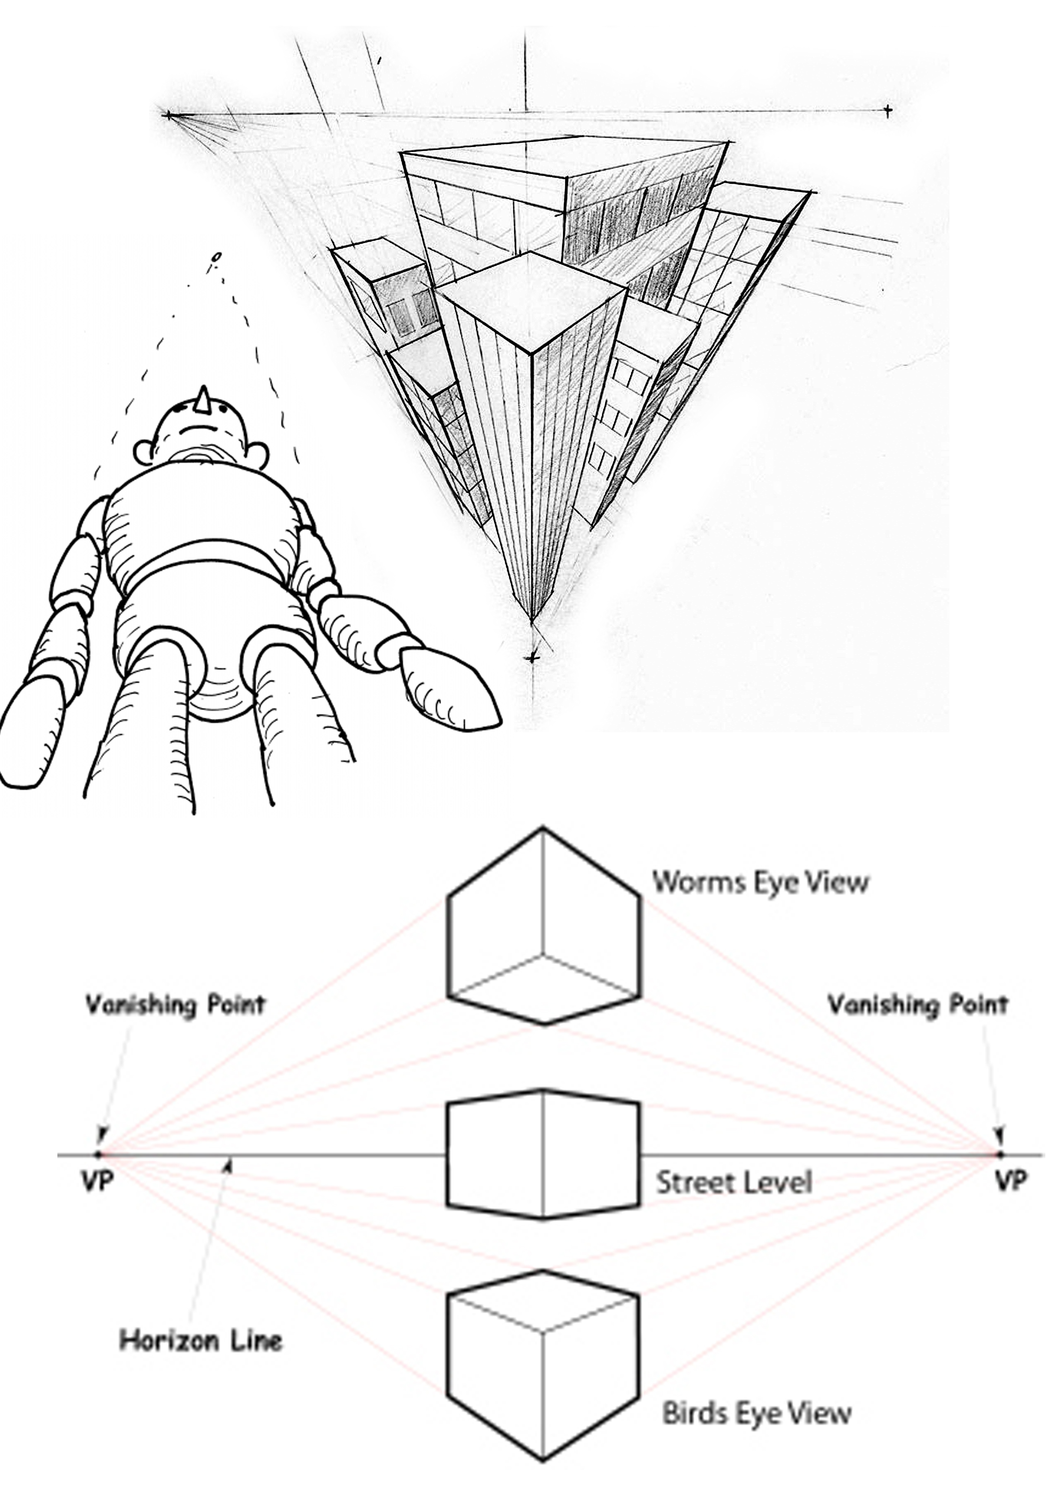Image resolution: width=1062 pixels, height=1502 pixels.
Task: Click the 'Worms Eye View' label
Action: coord(761,882)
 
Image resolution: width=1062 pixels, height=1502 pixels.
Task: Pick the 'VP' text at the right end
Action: coord(1010,1181)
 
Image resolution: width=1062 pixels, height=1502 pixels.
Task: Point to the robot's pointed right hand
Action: coord(449,689)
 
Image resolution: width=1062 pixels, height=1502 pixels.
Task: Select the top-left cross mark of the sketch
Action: coord(169,116)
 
